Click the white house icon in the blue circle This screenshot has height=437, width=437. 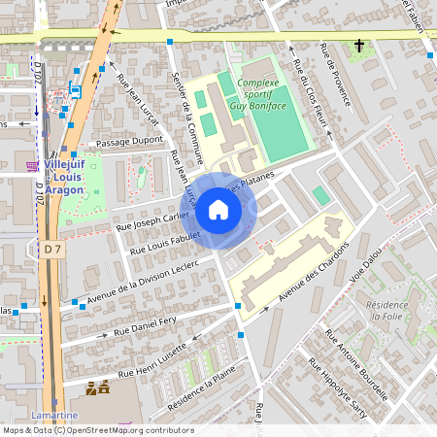click(x=218, y=209)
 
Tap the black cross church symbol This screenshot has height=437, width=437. click(x=358, y=46)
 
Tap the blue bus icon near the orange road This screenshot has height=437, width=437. click(x=75, y=91)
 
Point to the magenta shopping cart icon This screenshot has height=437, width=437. click(x=32, y=166)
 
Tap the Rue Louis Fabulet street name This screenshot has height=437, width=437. click(x=165, y=245)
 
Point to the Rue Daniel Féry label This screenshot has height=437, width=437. click(x=145, y=326)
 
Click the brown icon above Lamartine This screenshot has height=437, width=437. click(x=96, y=389)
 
